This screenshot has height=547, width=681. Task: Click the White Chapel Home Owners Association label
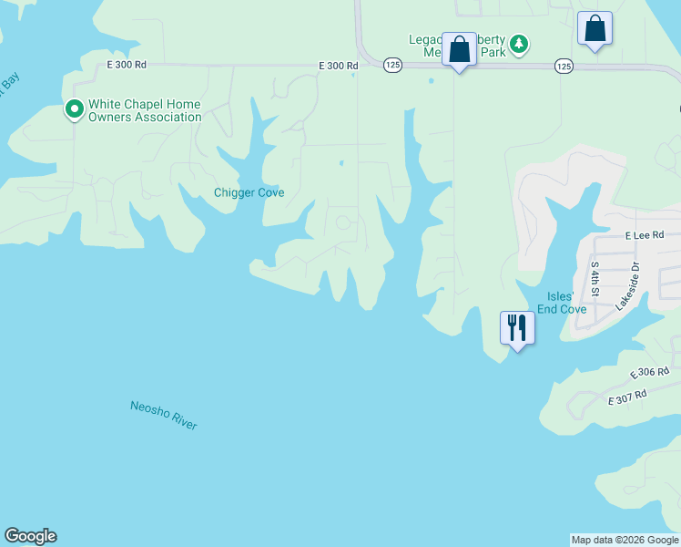pyautogui.click(x=144, y=111)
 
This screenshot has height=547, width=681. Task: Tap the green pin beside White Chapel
pyautogui.click(x=74, y=110)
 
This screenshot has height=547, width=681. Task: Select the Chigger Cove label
pyautogui.click(x=249, y=192)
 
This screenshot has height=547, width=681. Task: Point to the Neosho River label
pyautogui.click(x=164, y=415)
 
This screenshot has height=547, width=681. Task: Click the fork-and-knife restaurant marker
pyautogui.click(x=517, y=327)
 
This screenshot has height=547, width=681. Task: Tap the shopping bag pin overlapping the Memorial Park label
pyautogui.click(x=459, y=49)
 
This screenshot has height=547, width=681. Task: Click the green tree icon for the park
pyautogui.click(x=518, y=44)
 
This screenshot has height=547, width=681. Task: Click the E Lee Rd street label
pyautogui.click(x=645, y=235)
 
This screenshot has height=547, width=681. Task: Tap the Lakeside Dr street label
pyautogui.click(x=628, y=287)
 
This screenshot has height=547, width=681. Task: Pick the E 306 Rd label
pyautogui.click(x=650, y=372)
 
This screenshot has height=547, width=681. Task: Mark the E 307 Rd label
pyautogui.click(x=627, y=396)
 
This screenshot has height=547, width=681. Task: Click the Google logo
pyautogui.click(x=30, y=536)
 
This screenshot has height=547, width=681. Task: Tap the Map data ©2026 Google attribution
pyautogui.click(x=625, y=540)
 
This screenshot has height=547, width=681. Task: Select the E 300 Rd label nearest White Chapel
pyautogui.click(x=126, y=65)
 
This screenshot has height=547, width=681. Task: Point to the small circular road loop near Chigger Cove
pyautogui.click(x=343, y=222)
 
